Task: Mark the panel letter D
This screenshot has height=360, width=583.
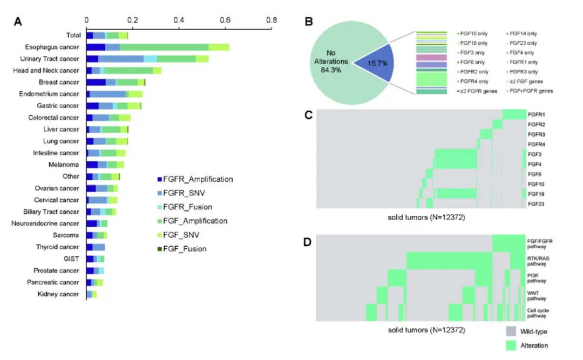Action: (309, 242)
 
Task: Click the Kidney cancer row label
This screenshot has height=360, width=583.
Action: (58, 294)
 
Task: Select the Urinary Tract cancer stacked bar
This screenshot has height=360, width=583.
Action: (147, 59)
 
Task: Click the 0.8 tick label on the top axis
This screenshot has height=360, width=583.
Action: (272, 21)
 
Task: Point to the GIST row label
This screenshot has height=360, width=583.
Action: (71, 259)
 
